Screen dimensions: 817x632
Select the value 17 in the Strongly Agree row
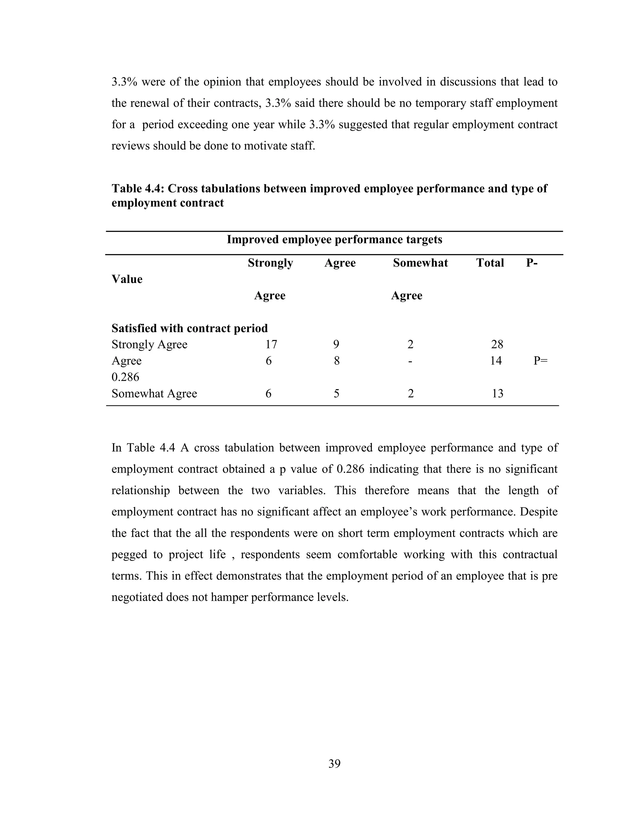(x=271, y=344)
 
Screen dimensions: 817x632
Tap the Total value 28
(x=497, y=344)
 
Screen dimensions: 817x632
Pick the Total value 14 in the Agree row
(x=496, y=361)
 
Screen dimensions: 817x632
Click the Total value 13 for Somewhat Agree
(x=497, y=393)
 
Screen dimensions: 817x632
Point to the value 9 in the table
(x=336, y=344)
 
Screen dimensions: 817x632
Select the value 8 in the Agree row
(x=337, y=361)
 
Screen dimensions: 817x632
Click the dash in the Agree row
(x=410, y=361)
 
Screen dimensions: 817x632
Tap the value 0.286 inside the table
(x=125, y=377)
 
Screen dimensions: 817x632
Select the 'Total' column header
(x=490, y=263)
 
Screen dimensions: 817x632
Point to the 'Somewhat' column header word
(x=421, y=263)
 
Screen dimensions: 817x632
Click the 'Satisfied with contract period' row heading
(x=189, y=328)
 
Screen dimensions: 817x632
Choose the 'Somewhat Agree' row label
(x=154, y=393)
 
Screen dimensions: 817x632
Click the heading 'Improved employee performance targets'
(x=334, y=240)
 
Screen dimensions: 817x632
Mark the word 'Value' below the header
(x=127, y=279)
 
